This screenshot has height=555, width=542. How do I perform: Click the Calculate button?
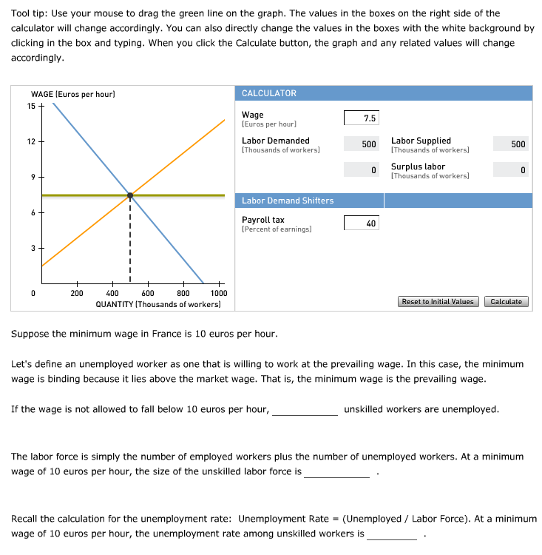point(506,301)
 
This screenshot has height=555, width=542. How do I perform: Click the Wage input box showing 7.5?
point(362,118)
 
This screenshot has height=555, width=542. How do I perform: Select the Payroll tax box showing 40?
point(362,223)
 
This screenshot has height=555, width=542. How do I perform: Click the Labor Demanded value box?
point(362,144)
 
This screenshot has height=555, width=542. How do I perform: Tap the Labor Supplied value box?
point(510,144)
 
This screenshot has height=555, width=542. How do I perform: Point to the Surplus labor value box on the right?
point(510,170)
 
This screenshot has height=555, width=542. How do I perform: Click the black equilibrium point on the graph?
point(130,196)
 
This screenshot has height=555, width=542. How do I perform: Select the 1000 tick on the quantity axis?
point(218,293)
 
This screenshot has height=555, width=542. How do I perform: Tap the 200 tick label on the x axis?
point(77,293)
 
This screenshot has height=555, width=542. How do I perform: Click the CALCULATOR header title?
point(269,93)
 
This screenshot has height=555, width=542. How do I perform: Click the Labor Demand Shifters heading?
point(288,201)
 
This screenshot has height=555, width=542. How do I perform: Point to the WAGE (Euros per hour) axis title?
point(73,94)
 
